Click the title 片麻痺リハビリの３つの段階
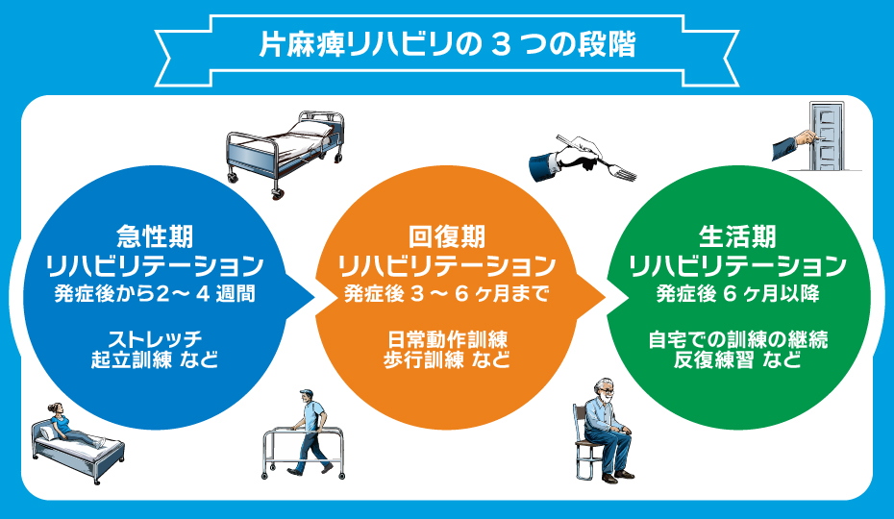tap(448, 45)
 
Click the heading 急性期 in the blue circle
tap(155, 236)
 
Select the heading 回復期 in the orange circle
tap(447, 236)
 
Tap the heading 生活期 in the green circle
tap(737, 236)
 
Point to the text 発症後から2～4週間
tap(155, 294)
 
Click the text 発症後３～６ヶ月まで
tap(446, 294)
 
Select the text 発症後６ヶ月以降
tap(737, 294)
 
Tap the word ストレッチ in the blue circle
tap(155, 338)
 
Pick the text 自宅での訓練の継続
tap(737, 339)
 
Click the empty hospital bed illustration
tap(286, 154)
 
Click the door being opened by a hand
tap(828, 136)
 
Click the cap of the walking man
tap(307, 392)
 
